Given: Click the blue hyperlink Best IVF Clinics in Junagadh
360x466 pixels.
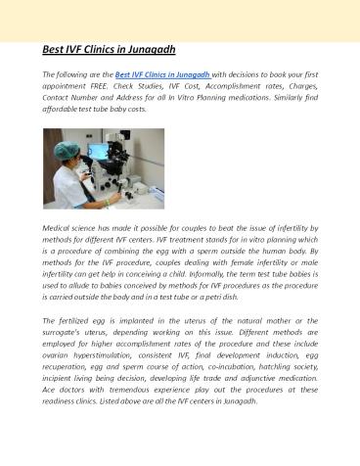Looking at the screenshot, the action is (163, 72).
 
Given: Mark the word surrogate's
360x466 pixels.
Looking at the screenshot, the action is (64, 333).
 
